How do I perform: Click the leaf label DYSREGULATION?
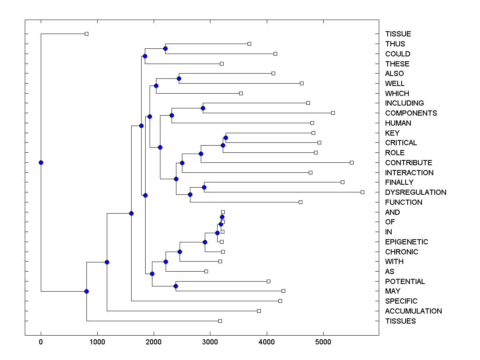[416, 192]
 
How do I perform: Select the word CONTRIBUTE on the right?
[408, 163]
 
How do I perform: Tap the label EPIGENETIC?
[406, 242]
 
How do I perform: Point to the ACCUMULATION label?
[413, 311]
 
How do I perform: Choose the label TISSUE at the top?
[398, 34]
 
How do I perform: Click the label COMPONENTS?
[411, 113]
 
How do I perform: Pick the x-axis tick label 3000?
[210, 342]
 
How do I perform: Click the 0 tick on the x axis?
[41, 342]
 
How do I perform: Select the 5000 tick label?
[322, 342]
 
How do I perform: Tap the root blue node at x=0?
[41, 162]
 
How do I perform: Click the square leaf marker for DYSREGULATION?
[362, 192]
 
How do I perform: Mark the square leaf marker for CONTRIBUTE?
[352, 162]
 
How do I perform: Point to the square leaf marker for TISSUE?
[86, 34]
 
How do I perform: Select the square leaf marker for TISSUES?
[220, 321]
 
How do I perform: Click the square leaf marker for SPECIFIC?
[280, 301]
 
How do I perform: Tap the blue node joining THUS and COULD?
[165, 48]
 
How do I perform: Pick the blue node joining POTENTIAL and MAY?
[176, 286]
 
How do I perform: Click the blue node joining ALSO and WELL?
[179, 78]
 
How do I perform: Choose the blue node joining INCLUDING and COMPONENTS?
[203, 108]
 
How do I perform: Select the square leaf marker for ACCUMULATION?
[259, 311]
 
